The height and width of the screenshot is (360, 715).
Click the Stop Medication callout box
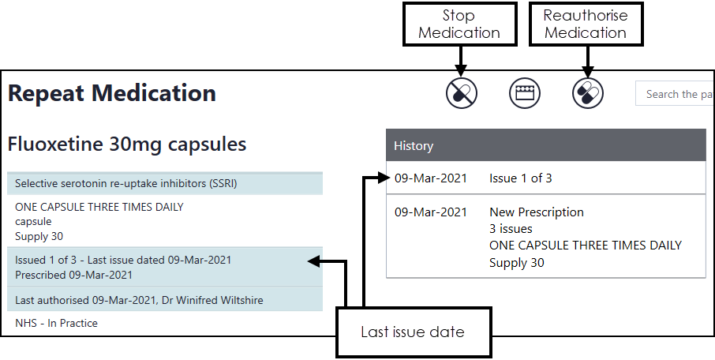tap(459, 23)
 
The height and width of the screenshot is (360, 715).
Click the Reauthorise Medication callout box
tap(585, 23)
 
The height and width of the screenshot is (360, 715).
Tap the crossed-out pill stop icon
tap(462, 94)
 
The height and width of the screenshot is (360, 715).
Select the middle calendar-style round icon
tap(525, 94)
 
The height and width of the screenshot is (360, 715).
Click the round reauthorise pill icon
tap(588, 94)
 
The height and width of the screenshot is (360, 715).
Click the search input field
tap(674, 94)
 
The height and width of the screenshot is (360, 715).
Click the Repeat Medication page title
tap(112, 93)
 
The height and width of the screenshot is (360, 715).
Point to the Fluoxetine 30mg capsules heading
tap(127, 144)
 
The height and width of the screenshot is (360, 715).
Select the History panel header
tap(545, 146)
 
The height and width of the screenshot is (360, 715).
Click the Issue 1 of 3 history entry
tap(521, 178)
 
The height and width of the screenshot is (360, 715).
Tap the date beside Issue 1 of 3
tap(431, 178)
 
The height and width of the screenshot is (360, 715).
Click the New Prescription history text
tap(537, 212)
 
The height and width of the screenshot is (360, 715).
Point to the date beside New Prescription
tap(431, 212)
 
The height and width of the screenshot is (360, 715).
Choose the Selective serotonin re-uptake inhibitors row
tap(126, 184)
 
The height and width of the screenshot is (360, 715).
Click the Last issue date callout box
tap(413, 332)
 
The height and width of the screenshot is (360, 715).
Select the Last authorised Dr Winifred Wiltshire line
tap(139, 300)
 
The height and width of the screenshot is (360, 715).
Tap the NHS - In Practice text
tap(56, 323)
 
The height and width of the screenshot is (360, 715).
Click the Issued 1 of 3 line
tap(123, 260)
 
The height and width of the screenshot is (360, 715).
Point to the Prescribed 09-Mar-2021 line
tap(73, 275)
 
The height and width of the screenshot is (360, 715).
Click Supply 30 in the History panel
tap(517, 263)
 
